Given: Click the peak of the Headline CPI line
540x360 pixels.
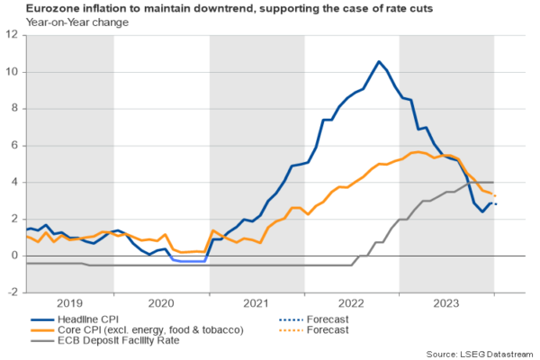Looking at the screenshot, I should (378, 62).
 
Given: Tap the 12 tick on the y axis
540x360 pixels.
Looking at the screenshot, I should (13, 35).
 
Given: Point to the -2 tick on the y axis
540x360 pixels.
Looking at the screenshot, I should (13, 292).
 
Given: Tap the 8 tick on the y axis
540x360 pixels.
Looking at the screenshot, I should (13, 109).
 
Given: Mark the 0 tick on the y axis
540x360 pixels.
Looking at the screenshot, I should (13, 256).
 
